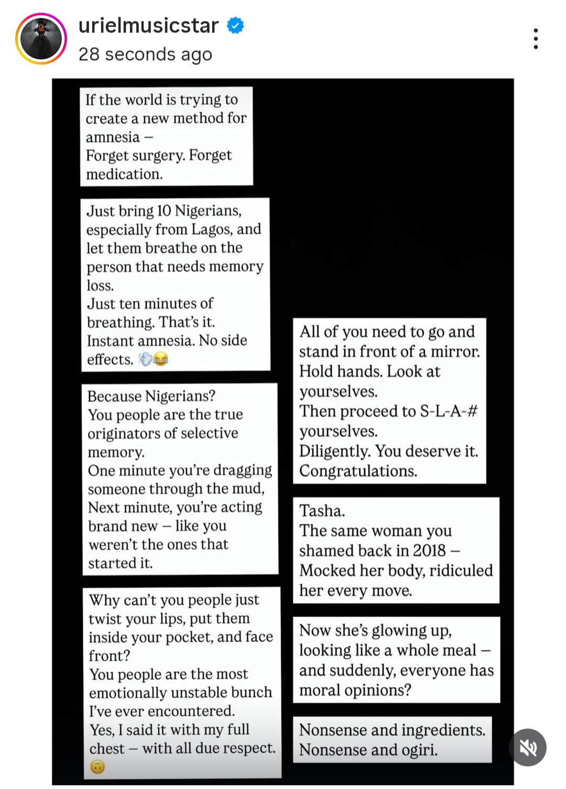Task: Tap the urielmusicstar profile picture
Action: (41, 39)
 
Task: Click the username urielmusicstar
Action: (148, 25)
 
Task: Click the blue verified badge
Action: (235, 25)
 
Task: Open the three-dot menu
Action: (535, 39)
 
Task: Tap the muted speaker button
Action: (528, 748)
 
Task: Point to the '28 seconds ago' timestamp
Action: (145, 54)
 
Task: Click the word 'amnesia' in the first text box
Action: (113, 137)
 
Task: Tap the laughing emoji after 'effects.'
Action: (160, 359)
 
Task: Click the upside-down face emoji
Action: (97, 767)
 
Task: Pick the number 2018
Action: (429, 550)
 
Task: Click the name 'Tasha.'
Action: (322, 511)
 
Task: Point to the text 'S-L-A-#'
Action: (449, 411)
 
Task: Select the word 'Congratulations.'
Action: (358, 471)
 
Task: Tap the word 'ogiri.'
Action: (419, 750)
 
